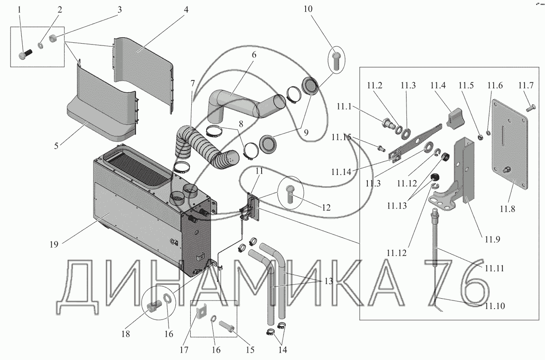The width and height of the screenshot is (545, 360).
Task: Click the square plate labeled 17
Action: point(200,313)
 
